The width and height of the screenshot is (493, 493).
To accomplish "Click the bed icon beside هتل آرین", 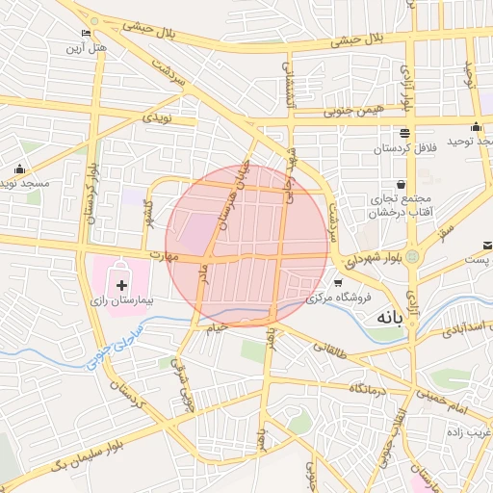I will [88, 34].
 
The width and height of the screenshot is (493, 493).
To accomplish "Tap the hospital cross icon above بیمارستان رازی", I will [121, 285].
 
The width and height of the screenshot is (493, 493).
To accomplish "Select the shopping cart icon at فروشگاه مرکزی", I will [338, 282].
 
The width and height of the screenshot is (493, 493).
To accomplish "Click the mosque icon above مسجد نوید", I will [18, 169].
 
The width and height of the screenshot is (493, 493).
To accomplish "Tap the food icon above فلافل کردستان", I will [402, 134].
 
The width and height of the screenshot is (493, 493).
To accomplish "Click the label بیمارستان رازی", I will [122, 301].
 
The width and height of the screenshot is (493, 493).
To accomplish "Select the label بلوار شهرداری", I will [369, 260].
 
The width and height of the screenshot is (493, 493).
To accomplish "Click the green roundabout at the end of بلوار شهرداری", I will [412, 257].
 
